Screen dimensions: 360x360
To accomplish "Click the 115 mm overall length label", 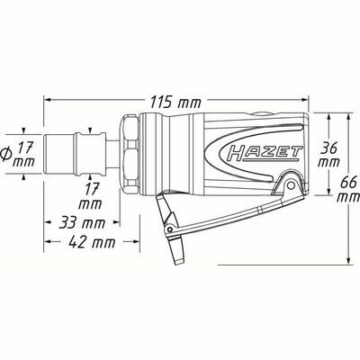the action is [x=175, y=103].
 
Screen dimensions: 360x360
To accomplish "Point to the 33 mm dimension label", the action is [x=82, y=223].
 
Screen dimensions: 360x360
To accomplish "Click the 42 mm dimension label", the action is [x=92, y=242].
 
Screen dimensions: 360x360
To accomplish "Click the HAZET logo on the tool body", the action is [x=264, y=152].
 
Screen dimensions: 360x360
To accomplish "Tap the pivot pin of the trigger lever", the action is [x=291, y=185].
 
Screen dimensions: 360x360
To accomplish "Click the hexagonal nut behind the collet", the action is [x=130, y=155].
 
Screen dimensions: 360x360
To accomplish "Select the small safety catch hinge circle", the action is [x=170, y=229].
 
